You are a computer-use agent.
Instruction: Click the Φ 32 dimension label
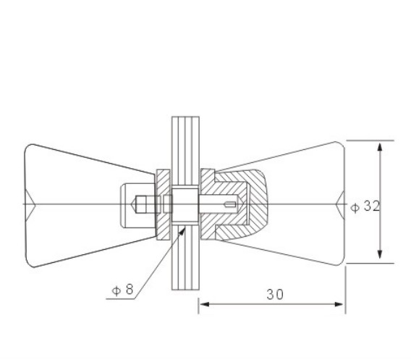pyautogui.click(x=365, y=206)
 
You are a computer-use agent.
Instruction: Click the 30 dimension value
pyautogui.click(x=275, y=294)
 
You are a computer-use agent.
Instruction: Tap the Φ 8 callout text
pyautogui.click(x=123, y=290)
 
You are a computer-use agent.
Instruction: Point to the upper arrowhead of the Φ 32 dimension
pyautogui.click(x=380, y=147)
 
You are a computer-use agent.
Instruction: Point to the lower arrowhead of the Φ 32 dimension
pyautogui.click(x=380, y=254)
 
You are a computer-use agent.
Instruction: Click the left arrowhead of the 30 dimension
pyautogui.click(x=205, y=304)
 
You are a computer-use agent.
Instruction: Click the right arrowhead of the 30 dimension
pyautogui.click(x=339, y=304)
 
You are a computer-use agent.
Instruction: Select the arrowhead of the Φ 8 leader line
pyautogui.click(x=182, y=232)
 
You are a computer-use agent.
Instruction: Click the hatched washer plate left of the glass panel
pyautogui.click(x=164, y=205)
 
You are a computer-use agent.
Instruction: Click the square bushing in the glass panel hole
pyautogui.click(x=185, y=205)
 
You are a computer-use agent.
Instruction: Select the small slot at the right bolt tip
pyautogui.click(x=230, y=204)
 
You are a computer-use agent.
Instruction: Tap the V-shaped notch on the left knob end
pyautogui.click(x=31, y=204)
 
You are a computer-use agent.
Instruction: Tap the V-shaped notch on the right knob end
pyautogui.click(x=340, y=204)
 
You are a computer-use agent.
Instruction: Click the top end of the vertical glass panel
pyautogui.click(x=185, y=117)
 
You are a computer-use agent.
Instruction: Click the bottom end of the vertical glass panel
pyautogui.click(x=185, y=290)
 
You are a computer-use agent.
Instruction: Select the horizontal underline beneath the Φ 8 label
pyautogui.click(x=121, y=299)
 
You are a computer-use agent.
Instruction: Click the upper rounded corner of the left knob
pyautogui.click(x=30, y=148)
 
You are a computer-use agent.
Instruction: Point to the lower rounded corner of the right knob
pyautogui.click(x=340, y=262)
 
